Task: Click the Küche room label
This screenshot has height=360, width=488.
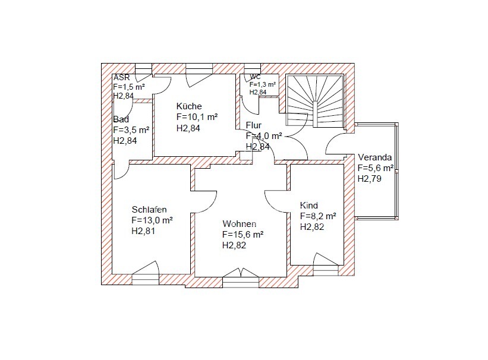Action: [x=189, y=106]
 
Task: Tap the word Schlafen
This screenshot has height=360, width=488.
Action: [x=149, y=209]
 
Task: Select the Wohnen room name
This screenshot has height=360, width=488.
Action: [x=240, y=224]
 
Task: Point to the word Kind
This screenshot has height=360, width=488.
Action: [x=308, y=206]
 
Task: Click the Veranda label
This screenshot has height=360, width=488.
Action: [x=374, y=157]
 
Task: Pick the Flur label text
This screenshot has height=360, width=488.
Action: [x=254, y=125]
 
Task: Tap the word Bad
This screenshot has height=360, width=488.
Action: [x=121, y=119]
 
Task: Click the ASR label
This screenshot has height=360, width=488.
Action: [x=121, y=77]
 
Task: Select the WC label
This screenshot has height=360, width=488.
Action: [x=255, y=77]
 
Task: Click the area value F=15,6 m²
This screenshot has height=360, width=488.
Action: [x=243, y=234]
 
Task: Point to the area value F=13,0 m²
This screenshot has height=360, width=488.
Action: [x=152, y=220]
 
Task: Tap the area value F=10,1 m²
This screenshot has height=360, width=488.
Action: [x=197, y=117]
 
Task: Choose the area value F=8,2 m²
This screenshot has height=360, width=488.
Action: [x=318, y=216]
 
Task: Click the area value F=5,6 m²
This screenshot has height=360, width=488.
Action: [x=375, y=168]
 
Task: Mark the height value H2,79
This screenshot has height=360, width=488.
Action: [x=370, y=179]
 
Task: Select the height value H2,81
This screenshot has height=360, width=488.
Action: [x=143, y=231]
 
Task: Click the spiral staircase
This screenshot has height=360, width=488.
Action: [x=314, y=100]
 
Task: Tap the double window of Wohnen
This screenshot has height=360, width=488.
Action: [x=241, y=277]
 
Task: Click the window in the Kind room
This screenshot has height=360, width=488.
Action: [x=326, y=265]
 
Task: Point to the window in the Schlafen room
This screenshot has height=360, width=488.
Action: [x=146, y=273]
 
